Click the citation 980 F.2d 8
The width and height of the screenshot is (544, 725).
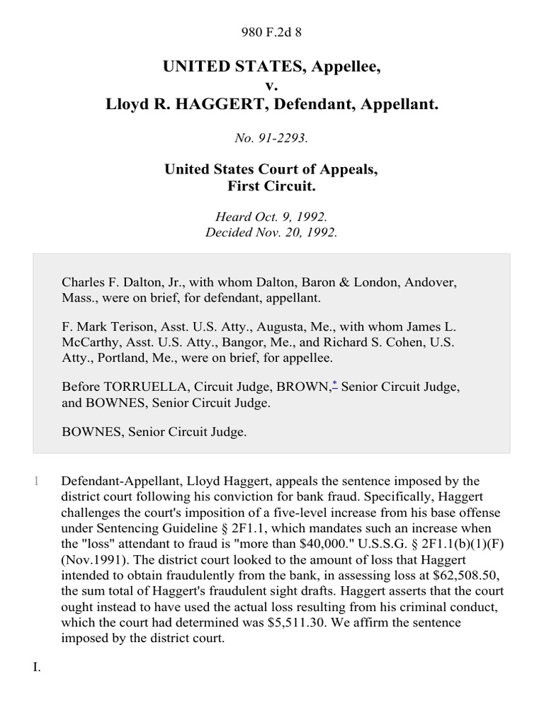point(271,32)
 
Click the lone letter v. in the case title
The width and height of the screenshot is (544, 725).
point(271,86)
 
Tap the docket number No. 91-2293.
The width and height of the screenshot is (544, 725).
point(271,139)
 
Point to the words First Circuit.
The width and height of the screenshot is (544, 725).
point(271,187)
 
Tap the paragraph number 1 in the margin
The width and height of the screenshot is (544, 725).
point(36,481)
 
